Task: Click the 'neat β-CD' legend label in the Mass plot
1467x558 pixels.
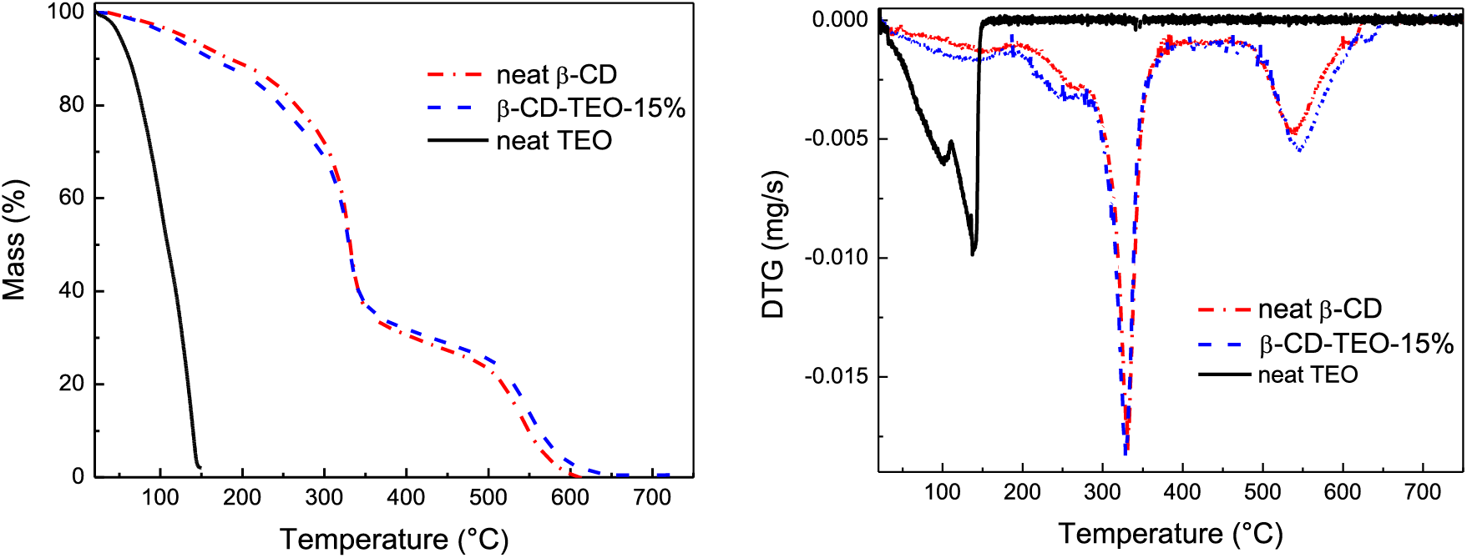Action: pos(556,75)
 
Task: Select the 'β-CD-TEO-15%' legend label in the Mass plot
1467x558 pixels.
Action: pos(590,108)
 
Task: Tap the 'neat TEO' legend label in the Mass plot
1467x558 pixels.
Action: pos(554,140)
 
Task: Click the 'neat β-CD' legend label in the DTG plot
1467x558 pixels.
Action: pos(1319,309)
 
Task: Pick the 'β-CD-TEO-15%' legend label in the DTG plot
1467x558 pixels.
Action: pos(1356,344)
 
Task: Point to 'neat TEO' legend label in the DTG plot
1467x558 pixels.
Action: pos(1308,375)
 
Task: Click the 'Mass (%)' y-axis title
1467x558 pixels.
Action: pos(15,240)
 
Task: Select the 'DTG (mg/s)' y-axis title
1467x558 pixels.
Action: pos(774,245)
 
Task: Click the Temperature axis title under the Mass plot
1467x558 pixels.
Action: pos(393,539)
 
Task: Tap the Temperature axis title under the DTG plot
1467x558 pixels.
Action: pos(1170,533)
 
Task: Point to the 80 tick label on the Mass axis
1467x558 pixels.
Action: pos(71,105)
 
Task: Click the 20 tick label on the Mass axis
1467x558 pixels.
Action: pos(71,384)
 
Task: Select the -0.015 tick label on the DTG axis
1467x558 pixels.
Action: pos(836,377)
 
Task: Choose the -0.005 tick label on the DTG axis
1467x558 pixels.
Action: pos(836,138)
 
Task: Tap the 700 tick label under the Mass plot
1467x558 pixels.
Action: pos(651,498)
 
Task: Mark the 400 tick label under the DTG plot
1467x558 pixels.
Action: pos(1181,492)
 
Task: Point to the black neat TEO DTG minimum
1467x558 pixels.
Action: pos(973,253)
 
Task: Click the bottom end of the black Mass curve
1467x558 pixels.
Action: pos(199,466)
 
